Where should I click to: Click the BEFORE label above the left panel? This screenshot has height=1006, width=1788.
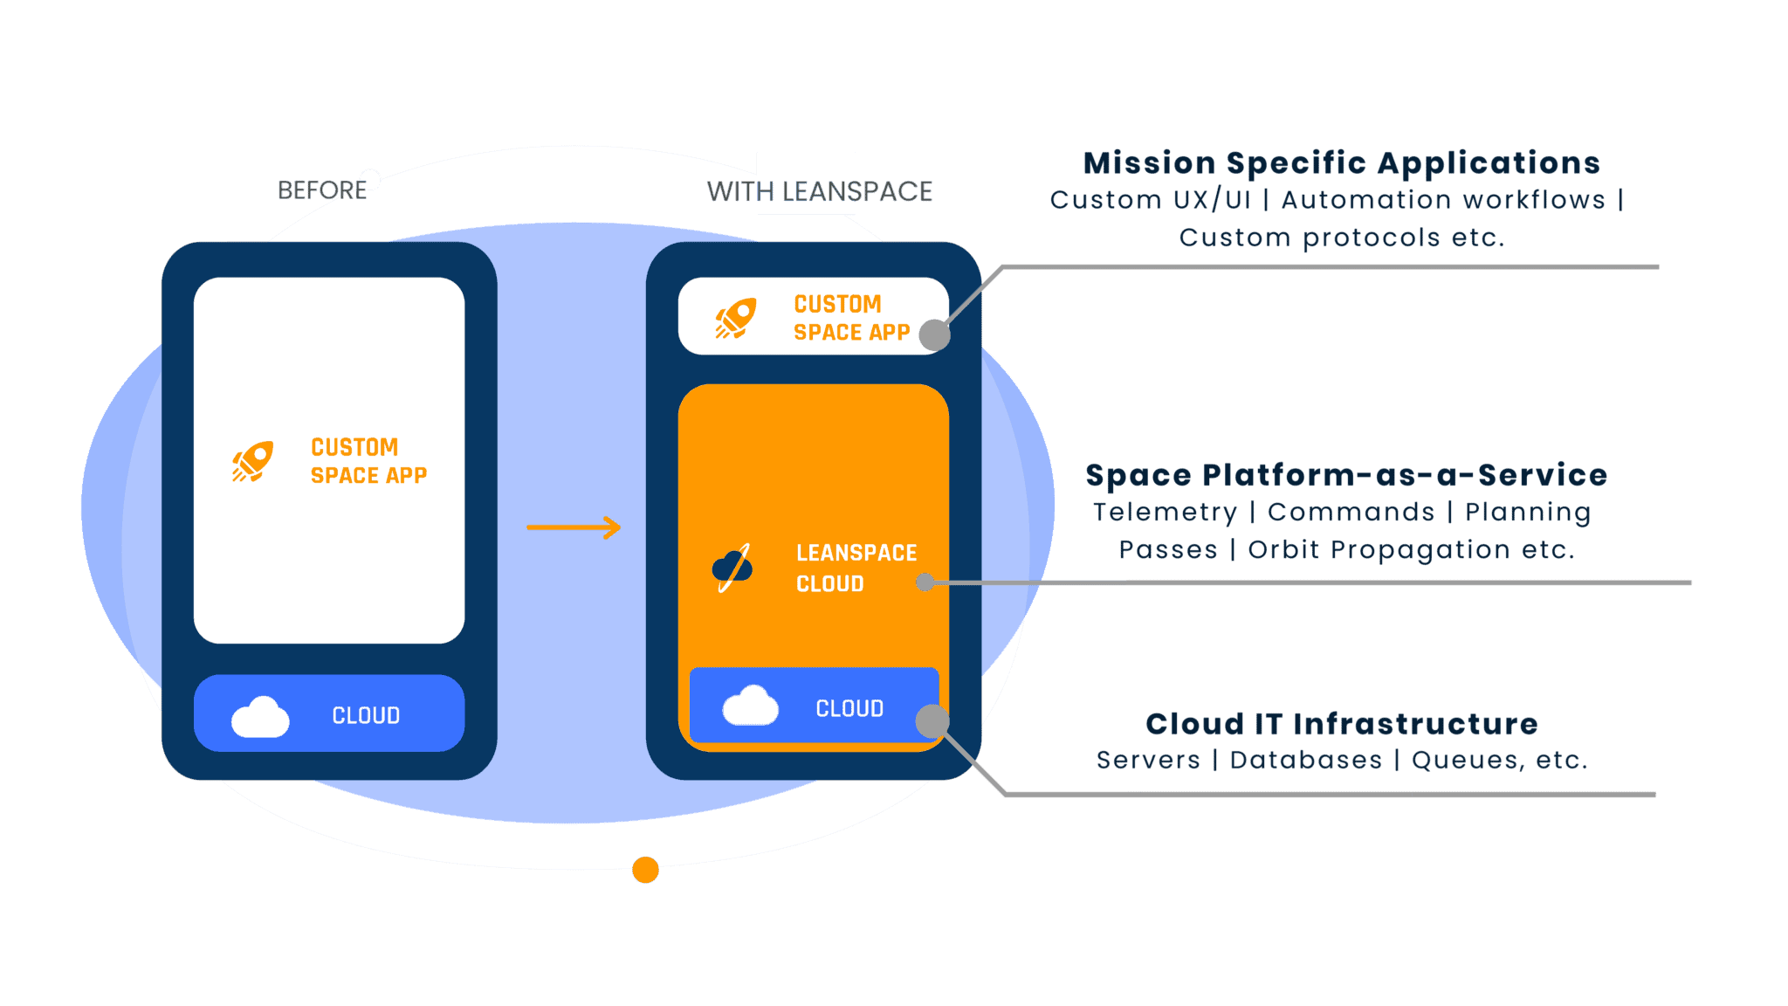pos(322,189)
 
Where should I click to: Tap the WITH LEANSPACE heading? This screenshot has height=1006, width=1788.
pos(819,191)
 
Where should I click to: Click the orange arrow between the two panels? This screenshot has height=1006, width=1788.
pos(574,527)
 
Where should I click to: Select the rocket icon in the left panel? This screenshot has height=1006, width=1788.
pos(253,461)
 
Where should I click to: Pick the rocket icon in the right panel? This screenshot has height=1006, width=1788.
pos(736,318)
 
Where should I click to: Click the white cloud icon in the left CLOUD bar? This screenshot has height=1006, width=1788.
pos(260,717)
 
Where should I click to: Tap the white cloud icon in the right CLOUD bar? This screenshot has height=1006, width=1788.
pos(750,706)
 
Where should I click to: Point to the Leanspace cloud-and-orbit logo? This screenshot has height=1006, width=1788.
pos(732,568)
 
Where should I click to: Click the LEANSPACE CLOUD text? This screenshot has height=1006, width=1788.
pos(856,568)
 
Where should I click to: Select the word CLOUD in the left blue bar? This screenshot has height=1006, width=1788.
pos(366,716)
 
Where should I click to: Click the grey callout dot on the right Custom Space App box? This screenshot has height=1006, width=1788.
pos(935,334)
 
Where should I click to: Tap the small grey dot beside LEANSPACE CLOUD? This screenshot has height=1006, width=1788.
pos(925,582)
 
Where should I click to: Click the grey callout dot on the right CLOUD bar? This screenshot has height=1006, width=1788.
pos(932,721)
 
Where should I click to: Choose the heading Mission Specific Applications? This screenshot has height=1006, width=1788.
pos(1341,163)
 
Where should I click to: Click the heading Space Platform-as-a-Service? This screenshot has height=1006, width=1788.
pos(1345,475)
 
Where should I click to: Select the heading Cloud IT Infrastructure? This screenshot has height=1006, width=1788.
pos(1341,724)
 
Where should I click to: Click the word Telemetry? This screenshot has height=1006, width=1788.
pos(1165,513)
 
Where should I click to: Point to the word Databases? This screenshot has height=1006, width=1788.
pos(1305,761)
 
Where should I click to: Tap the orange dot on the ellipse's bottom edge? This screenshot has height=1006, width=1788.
pos(645,870)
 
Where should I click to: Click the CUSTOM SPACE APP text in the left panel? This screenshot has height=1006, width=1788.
pos(368,461)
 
